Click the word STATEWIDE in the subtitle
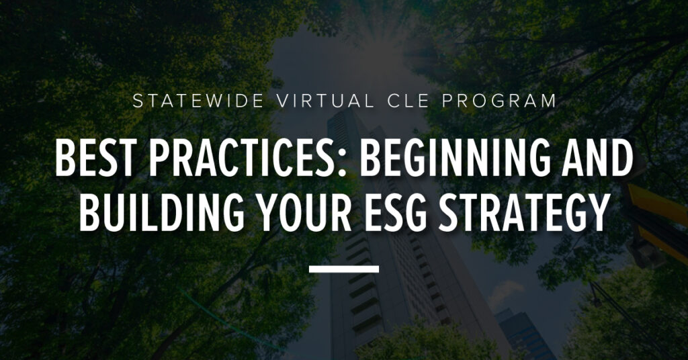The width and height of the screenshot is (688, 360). pos(198,101)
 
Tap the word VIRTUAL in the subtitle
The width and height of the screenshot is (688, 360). pos(326,101)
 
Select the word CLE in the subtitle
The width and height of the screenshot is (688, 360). pos(408,101)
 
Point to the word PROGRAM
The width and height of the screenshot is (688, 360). pos(499,101)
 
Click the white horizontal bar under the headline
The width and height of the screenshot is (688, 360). pos(344,269)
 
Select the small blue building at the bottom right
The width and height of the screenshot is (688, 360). pos(524,334)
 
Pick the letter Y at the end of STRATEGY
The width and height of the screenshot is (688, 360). pos(599,212)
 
